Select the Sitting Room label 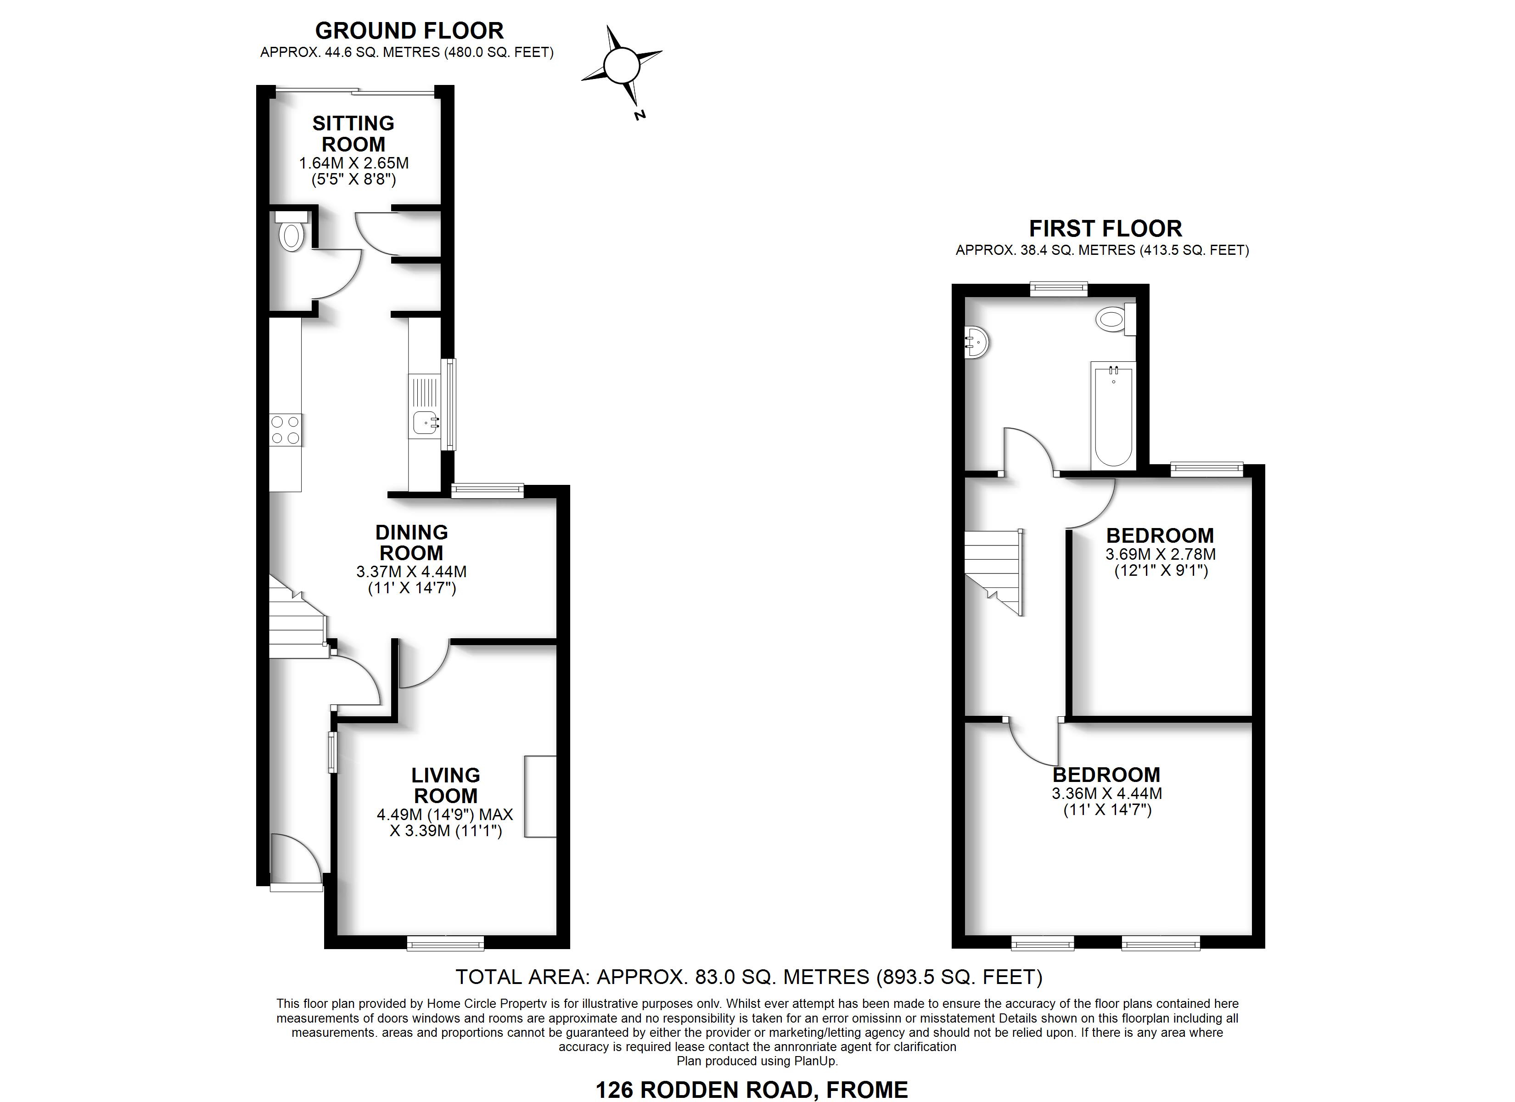(353, 134)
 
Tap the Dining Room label (411, 543)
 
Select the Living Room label (446, 785)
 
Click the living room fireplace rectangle (540, 796)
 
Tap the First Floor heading (1105, 229)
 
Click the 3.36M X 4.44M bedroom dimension (1107, 794)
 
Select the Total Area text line (749, 977)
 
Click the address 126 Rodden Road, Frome (752, 1090)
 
